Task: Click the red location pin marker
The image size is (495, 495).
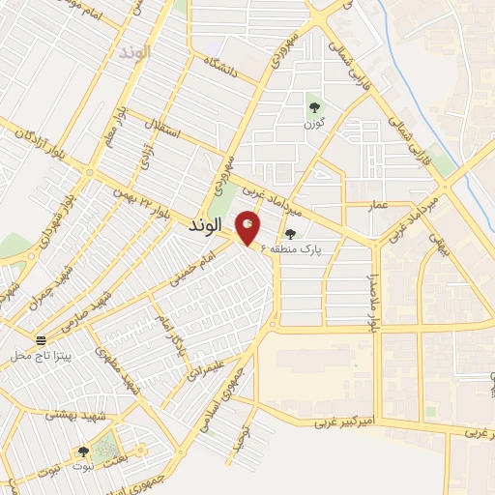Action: tap(247, 228)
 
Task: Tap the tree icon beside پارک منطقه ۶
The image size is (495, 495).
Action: tap(290, 234)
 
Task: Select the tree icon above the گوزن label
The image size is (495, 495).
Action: tap(313, 107)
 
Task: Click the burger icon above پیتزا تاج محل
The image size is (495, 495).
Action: tap(42, 341)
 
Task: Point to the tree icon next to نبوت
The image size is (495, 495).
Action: tap(83, 451)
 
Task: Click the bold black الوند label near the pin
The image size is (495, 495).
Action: tap(206, 225)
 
